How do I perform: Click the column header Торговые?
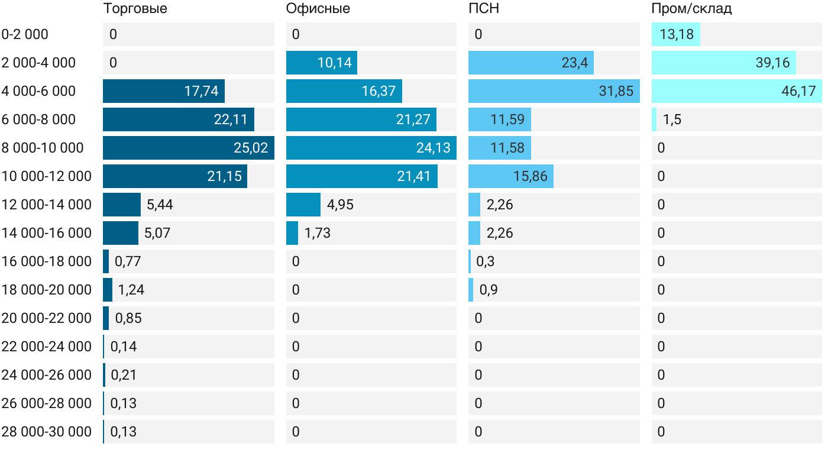[x=135, y=9]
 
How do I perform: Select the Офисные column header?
[x=318, y=9]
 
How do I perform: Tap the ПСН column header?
[x=484, y=9]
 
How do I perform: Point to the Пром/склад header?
[x=691, y=9]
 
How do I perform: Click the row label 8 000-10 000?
[x=43, y=148]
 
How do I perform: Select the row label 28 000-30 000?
[x=47, y=432]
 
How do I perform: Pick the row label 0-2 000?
[x=25, y=34]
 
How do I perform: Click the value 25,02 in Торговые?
[x=251, y=148]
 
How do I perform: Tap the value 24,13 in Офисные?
[x=434, y=148]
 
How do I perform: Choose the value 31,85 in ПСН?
[x=616, y=91]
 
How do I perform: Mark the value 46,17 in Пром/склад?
[x=798, y=91]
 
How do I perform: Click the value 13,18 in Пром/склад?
[x=676, y=34]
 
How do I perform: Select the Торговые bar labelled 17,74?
[x=164, y=91]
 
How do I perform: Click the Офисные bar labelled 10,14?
[x=322, y=63]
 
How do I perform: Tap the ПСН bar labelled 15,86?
[x=511, y=176]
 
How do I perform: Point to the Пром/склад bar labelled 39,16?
[x=723, y=63]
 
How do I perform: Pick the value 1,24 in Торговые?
[x=131, y=290]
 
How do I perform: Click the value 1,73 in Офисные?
[x=318, y=233]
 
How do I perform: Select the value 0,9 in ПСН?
[x=489, y=290]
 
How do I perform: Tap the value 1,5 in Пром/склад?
[x=672, y=119]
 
